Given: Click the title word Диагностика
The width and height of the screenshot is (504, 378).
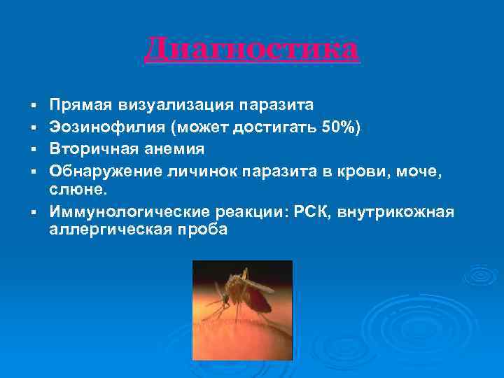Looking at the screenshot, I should [252, 50].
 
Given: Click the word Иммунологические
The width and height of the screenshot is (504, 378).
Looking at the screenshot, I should [122, 212].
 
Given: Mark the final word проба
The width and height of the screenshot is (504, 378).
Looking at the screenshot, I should [204, 230].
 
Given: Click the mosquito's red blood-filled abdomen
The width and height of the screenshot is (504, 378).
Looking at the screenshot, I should [260, 302].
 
